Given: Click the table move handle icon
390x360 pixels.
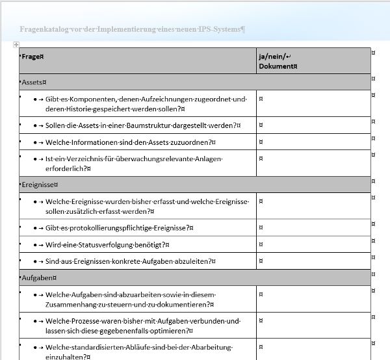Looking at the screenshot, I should pos(16,45).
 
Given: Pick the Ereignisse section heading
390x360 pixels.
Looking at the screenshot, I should pos(38,185).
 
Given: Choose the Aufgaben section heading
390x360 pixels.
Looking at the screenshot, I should pos(37,277).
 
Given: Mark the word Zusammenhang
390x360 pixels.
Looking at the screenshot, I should pos(72,304).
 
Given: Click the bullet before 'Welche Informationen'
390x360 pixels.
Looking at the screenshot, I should pos(34,142).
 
